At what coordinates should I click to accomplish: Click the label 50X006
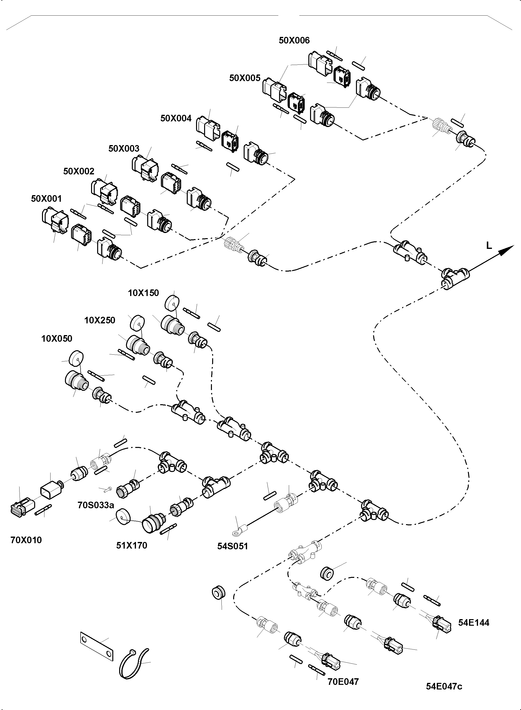tap(294, 40)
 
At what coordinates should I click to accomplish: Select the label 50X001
tap(46, 199)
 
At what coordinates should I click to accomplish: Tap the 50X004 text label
tap(176, 119)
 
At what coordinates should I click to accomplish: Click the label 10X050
tap(57, 339)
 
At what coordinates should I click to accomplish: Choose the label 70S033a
tap(95, 505)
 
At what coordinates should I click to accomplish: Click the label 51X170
tap(132, 545)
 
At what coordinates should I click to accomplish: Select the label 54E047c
tap(444, 686)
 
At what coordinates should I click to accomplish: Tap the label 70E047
tap(343, 682)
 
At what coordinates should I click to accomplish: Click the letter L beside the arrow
tap(489, 246)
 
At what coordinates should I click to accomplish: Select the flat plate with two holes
tap(96, 646)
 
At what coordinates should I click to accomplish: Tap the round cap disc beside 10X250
tap(137, 323)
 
